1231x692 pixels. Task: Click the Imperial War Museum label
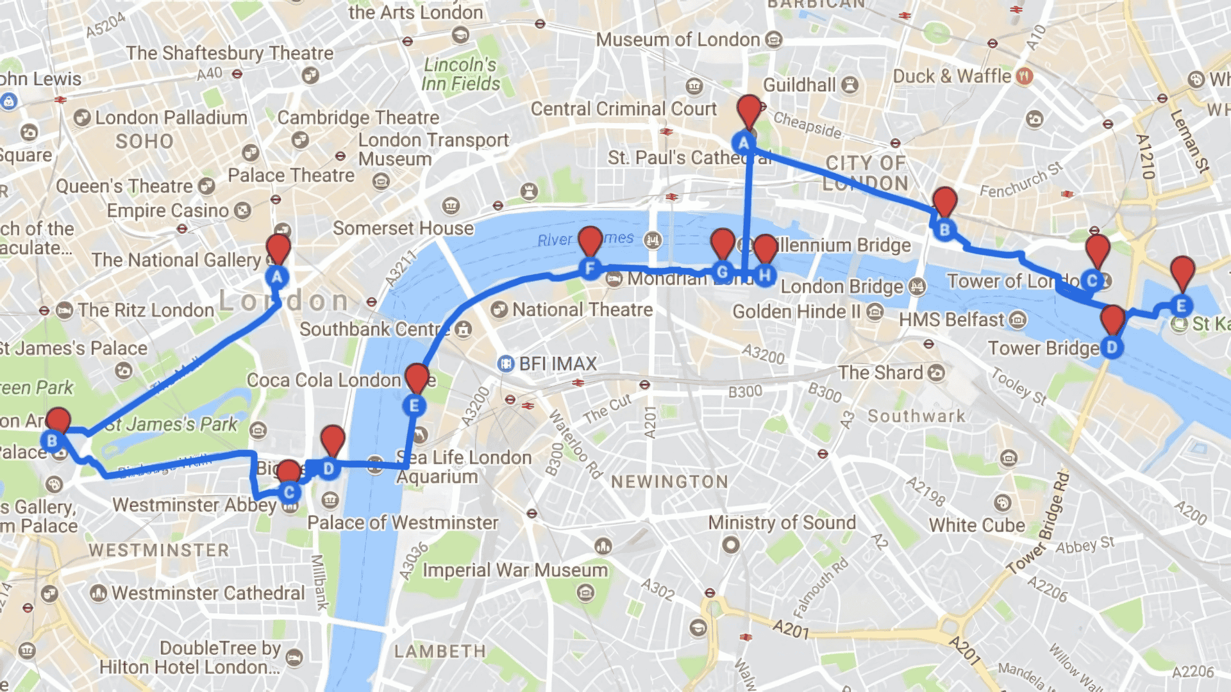pyautogui.click(x=515, y=570)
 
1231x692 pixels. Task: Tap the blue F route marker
pyautogui.click(x=590, y=268)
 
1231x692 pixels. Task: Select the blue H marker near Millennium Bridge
pyautogui.click(x=764, y=276)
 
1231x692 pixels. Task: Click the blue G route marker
pyautogui.click(x=723, y=272)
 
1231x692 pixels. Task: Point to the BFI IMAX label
pyautogui.click(x=557, y=364)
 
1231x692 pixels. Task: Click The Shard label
pyautogui.click(x=880, y=373)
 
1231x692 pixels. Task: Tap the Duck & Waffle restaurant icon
pyautogui.click(x=1025, y=76)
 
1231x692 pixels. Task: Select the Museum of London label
pyautogui.click(x=678, y=40)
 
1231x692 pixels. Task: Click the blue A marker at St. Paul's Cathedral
pyautogui.click(x=744, y=143)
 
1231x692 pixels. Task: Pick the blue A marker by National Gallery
pyautogui.click(x=277, y=277)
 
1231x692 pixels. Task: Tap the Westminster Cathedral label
pyautogui.click(x=208, y=593)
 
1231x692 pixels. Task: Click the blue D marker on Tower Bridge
pyautogui.click(x=1112, y=348)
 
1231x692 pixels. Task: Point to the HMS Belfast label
pyautogui.click(x=951, y=320)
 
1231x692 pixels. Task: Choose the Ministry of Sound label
pyautogui.click(x=782, y=523)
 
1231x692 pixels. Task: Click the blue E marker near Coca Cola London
pyautogui.click(x=414, y=406)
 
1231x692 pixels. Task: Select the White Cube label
pyautogui.click(x=976, y=525)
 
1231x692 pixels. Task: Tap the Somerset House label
pyautogui.click(x=403, y=228)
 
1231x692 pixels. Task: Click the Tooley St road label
pyautogui.click(x=1019, y=386)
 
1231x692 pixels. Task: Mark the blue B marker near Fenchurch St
pyautogui.click(x=944, y=229)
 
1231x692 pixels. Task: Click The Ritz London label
pyautogui.click(x=146, y=310)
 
